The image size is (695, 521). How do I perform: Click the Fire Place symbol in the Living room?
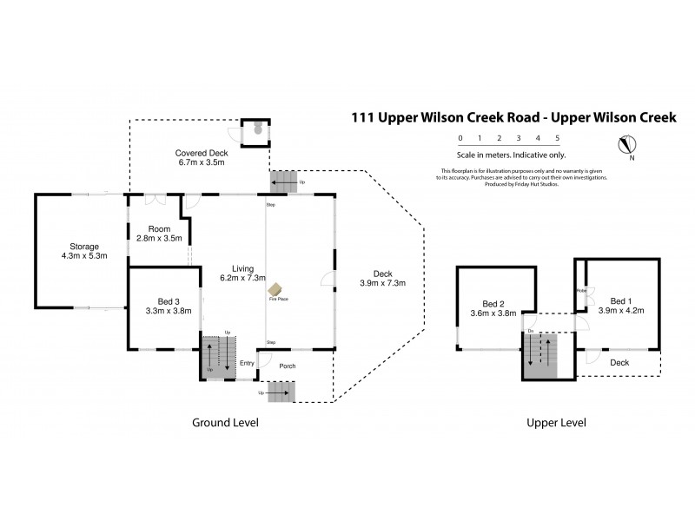pyautogui.click(x=274, y=289)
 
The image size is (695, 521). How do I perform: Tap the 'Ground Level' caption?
pyautogui.click(x=224, y=423)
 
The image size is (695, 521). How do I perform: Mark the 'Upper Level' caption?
pyautogui.click(x=556, y=423)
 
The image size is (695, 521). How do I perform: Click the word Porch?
pyautogui.click(x=287, y=366)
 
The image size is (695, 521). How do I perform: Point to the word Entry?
pyautogui.click(x=248, y=364)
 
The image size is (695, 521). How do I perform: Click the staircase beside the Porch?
pyautogui.click(x=281, y=392)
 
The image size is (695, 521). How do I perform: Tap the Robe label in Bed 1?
pyautogui.click(x=580, y=292)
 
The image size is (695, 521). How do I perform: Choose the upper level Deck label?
pyautogui.click(x=619, y=362)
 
